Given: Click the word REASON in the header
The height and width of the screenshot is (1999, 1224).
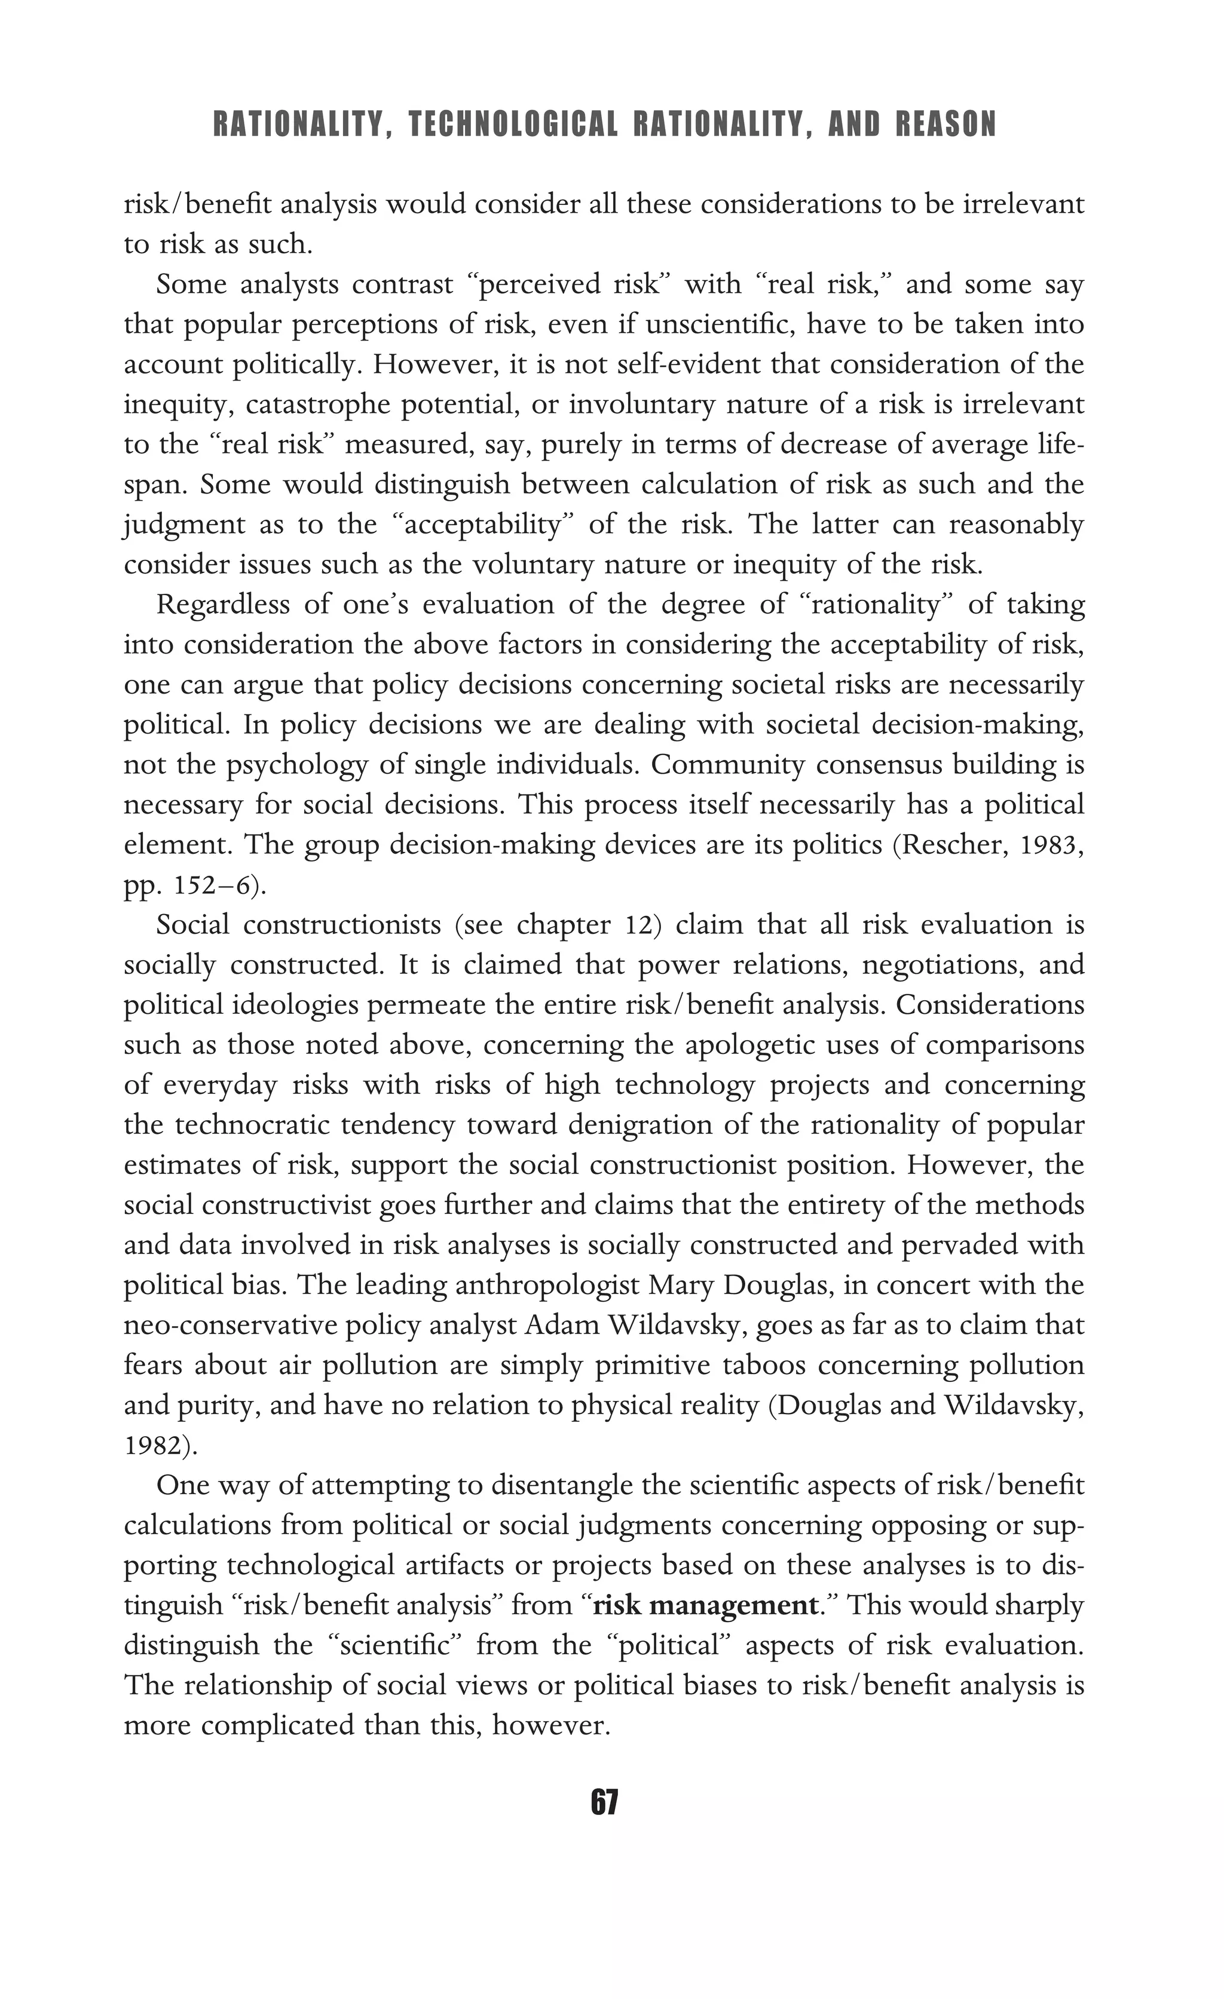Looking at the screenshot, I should point(947,125).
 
